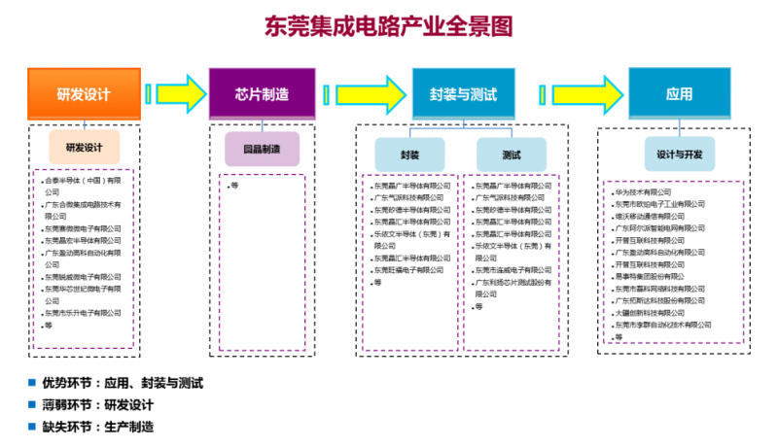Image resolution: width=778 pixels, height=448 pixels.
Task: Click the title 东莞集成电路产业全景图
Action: coord(388,25)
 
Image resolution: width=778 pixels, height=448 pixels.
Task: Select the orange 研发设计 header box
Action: coord(84,94)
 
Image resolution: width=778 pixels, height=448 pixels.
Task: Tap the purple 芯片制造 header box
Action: coord(262,94)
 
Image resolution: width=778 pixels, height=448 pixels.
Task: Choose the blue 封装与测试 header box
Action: coord(463,94)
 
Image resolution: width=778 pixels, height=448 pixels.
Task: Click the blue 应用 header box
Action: coord(679,94)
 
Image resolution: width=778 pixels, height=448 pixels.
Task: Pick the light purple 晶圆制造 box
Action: coord(262,149)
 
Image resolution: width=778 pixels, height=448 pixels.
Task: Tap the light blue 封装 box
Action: coord(409,155)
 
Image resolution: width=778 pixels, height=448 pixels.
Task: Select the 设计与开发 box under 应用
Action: coord(679,154)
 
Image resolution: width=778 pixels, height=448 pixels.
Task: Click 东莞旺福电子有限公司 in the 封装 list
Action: coord(412,269)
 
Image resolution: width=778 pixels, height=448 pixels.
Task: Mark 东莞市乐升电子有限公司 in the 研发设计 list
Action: coord(84,313)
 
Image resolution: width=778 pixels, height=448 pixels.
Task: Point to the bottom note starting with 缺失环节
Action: coord(98,426)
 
